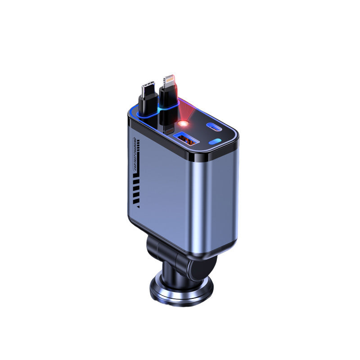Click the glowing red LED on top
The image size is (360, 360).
pyautogui.click(x=182, y=123)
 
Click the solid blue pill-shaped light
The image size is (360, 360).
pyautogui.click(x=216, y=145)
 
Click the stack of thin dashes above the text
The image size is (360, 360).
pyautogui.click(x=139, y=144)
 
